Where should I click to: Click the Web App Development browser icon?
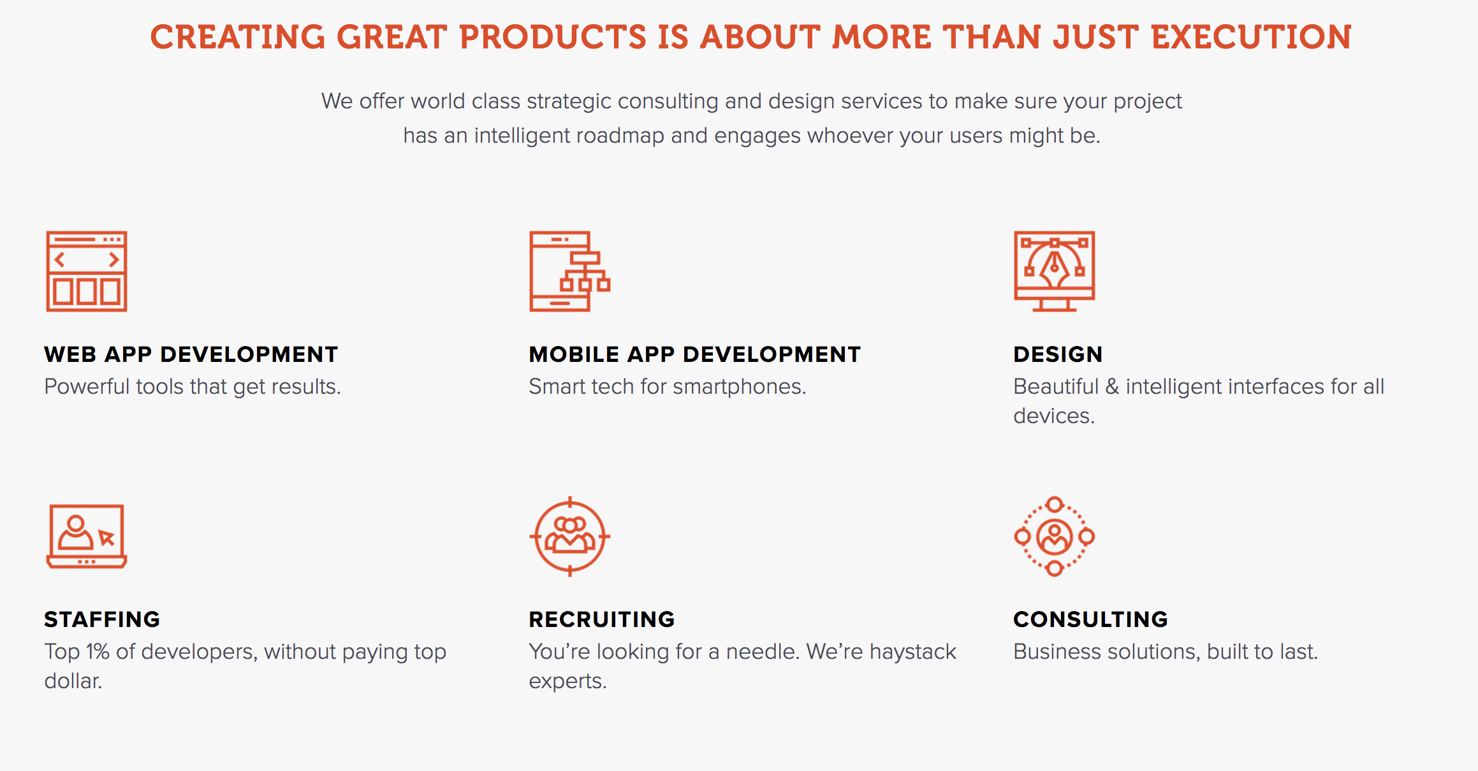pos(87,271)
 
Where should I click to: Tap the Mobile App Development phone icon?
pos(569,271)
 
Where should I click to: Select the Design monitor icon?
pos(1055,271)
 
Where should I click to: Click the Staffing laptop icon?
pos(87,537)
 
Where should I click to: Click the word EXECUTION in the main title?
pos(1252,37)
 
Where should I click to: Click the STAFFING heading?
pos(102,619)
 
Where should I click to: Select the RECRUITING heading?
pos(602,619)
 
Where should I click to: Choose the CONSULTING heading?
pos(1090,619)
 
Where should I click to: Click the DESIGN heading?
pos(1058,354)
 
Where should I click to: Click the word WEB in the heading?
pos(70,354)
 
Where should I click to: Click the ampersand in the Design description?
pos(1112,387)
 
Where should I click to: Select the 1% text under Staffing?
pos(98,652)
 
